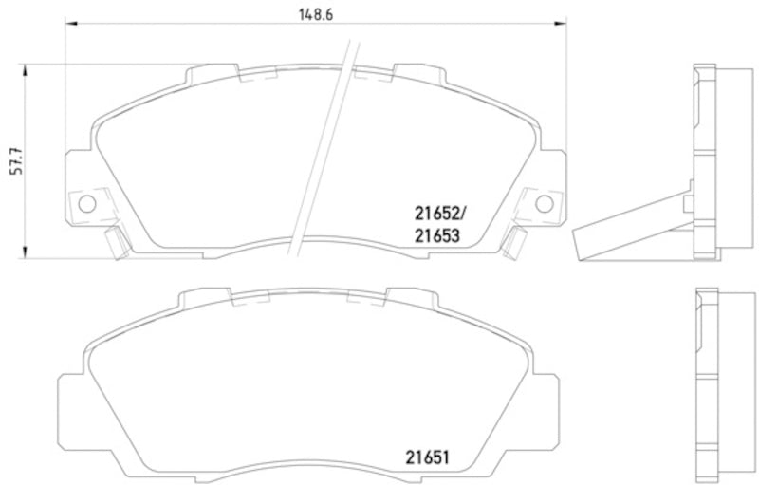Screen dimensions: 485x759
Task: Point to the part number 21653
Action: pos(436,237)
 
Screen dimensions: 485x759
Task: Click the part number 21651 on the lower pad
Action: pos(423,456)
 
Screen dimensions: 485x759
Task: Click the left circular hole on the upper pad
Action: pos(84,203)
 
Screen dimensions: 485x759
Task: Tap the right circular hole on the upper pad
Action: pos(545,203)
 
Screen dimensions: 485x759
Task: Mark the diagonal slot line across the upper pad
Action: pos(324,142)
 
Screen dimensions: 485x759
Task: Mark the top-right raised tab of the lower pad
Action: pos(417,289)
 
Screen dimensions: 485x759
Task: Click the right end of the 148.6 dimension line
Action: pos(565,27)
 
